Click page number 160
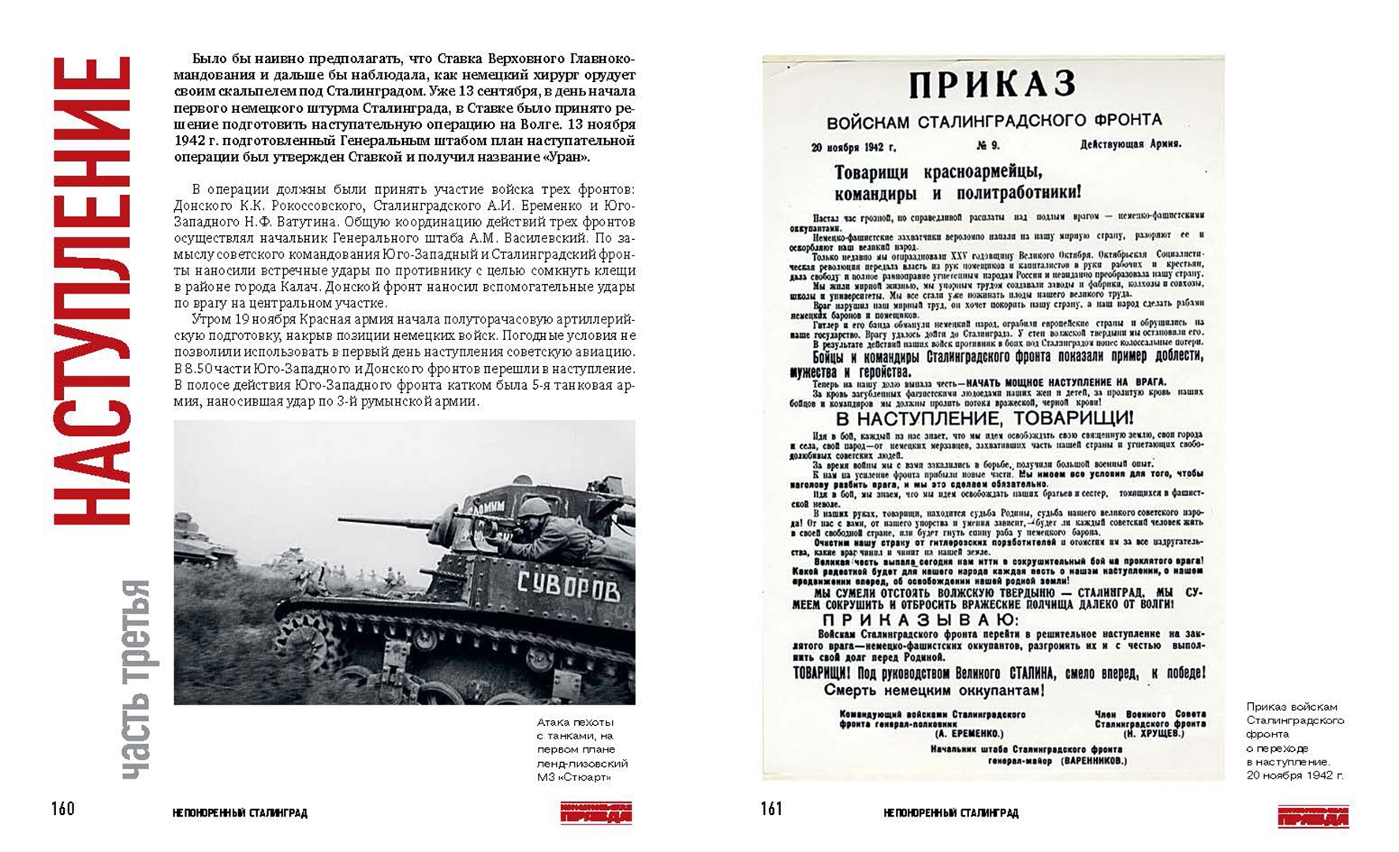pyautogui.click(x=63, y=809)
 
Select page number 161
pyautogui.click(x=771, y=809)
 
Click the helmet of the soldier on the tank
pyautogui.click(x=535, y=507)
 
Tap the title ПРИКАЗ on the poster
pyautogui.click(x=992, y=85)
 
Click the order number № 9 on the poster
pyautogui.click(x=988, y=146)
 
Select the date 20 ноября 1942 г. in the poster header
pyautogui.click(x=853, y=148)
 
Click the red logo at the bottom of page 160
pyautogui.click(x=596, y=813)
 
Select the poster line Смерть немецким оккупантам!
pyautogui.click(x=935, y=690)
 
